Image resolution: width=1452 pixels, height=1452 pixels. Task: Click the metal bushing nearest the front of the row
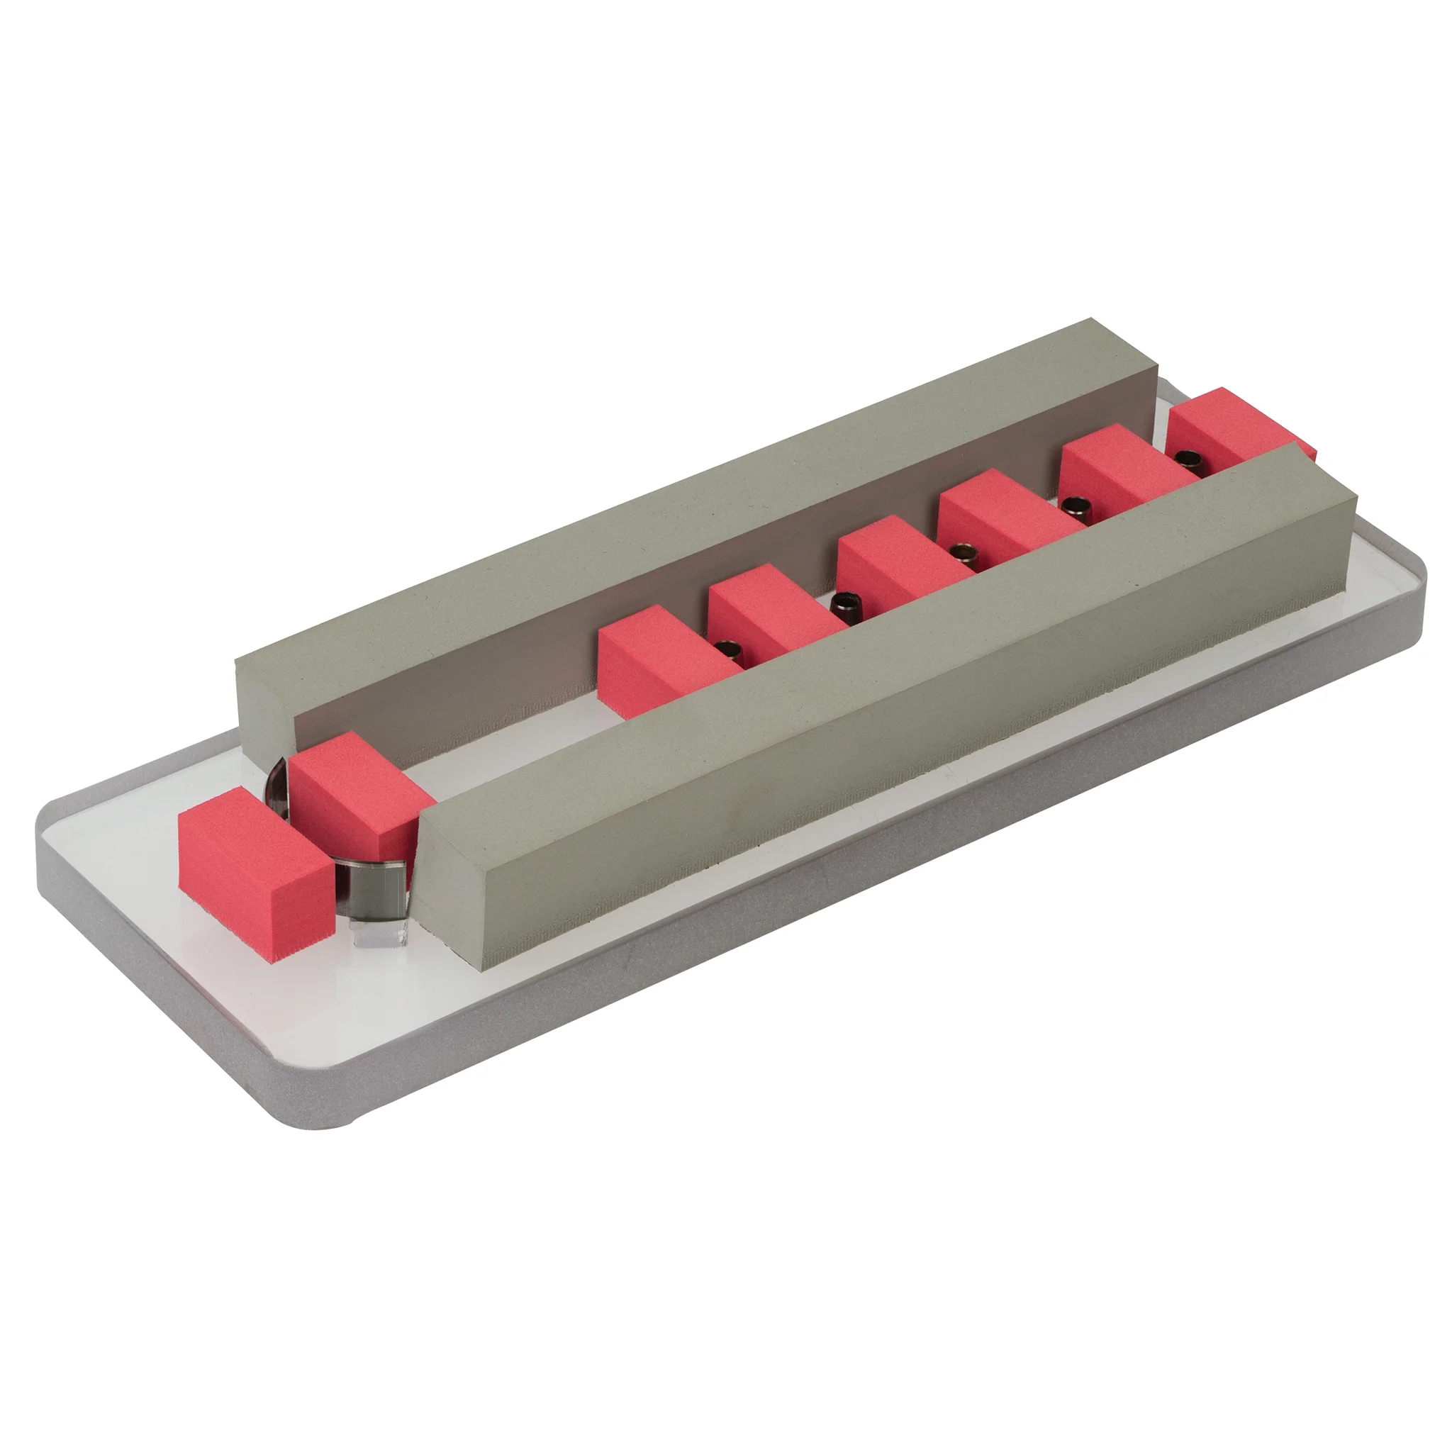[726, 648]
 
